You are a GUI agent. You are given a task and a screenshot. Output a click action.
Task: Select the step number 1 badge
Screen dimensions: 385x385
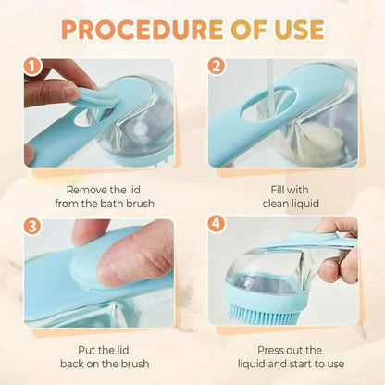(x=32, y=68)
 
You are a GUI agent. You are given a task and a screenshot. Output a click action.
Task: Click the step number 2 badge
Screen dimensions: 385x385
(x=217, y=68)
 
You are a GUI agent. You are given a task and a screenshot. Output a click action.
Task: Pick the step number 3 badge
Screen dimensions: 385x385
(x=32, y=227)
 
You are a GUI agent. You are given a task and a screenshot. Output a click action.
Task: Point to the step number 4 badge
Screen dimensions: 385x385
(x=217, y=224)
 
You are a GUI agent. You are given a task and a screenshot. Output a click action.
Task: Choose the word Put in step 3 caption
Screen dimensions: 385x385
(x=87, y=350)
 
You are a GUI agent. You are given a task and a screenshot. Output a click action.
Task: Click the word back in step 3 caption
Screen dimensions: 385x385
(x=72, y=364)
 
